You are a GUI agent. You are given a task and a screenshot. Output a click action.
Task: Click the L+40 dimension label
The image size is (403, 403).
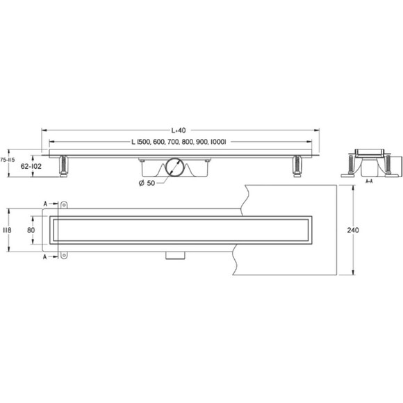pyautogui.click(x=179, y=131)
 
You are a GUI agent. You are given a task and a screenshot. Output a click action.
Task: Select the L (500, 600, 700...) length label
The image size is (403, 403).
pyautogui.click(x=179, y=142)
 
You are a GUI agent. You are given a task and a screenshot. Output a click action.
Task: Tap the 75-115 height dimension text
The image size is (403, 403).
pyautogui.click(x=8, y=160)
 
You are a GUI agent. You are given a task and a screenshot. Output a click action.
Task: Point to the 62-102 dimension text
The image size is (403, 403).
pyautogui.click(x=31, y=167)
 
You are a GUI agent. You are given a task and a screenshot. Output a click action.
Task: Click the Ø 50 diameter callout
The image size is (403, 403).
pyautogui.click(x=147, y=183)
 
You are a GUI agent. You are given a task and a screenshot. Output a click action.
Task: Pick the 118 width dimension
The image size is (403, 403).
pyautogui.click(x=7, y=230)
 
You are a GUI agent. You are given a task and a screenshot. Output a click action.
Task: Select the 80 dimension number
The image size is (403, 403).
pyautogui.click(x=31, y=230)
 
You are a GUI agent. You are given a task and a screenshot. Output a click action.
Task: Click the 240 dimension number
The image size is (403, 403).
pyautogui.click(x=353, y=230)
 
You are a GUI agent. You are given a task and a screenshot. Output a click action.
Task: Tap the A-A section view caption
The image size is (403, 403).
pyautogui.click(x=369, y=181)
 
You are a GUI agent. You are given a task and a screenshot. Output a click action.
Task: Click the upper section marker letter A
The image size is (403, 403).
pyautogui.click(x=45, y=204)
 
